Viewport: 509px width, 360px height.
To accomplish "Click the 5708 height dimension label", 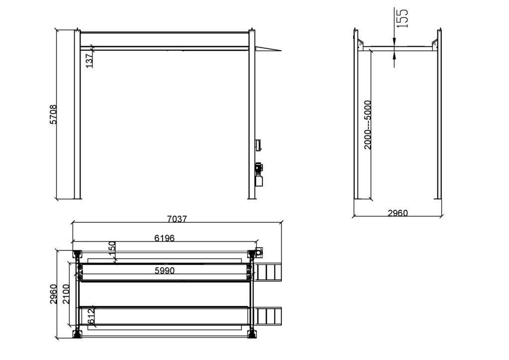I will tap(53, 114).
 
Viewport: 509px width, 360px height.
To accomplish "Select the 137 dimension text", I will tap(89, 60).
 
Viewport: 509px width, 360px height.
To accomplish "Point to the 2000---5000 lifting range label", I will tap(368, 124).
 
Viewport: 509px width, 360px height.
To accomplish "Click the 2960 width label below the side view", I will tap(397, 213).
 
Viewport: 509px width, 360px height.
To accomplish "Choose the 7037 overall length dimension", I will tap(177, 219).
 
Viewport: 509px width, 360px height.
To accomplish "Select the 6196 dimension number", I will tap(164, 238).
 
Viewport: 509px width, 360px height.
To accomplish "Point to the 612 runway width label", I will tap(91, 316).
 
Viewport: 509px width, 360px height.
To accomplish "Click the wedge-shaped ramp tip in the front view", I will tap(268, 49).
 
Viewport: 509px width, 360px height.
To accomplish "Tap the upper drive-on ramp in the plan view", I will tap(268, 272).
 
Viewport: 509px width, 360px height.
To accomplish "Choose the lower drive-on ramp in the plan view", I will tap(268, 316).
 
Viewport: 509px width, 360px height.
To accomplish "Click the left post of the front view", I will tap(77, 114).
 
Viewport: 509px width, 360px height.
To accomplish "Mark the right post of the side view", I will tap(439, 114).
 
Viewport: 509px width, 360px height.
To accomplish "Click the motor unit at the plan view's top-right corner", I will tap(258, 251).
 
